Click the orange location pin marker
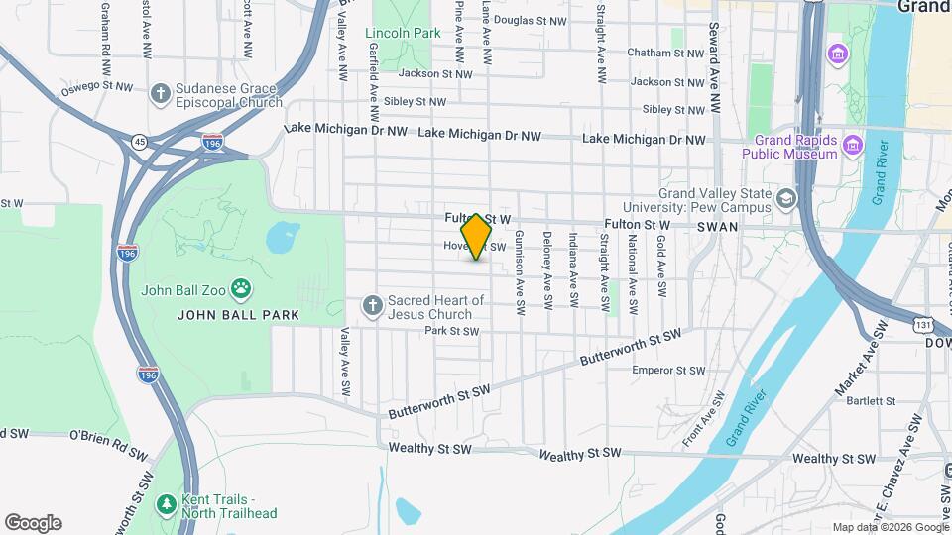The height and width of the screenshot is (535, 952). [477, 237]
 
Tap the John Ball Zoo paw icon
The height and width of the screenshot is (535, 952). [241, 289]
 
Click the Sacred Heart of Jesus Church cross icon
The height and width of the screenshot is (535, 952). [372, 305]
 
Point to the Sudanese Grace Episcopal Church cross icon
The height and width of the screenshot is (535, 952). [160, 93]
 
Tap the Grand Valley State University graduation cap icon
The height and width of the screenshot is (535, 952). [786, 199]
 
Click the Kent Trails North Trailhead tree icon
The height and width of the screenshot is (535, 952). [166, 505]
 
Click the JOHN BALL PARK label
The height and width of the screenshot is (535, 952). [226, 315]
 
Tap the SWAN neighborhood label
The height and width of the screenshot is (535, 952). [718, 226]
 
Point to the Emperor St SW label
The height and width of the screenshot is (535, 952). [668, 371]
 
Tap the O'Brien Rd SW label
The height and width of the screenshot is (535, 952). [108, 437]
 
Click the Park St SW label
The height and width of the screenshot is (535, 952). [451, 331]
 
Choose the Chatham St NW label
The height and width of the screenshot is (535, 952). [663, 53]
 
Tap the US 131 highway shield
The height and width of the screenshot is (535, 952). [923, 324]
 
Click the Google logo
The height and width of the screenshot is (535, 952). [33, 522]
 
